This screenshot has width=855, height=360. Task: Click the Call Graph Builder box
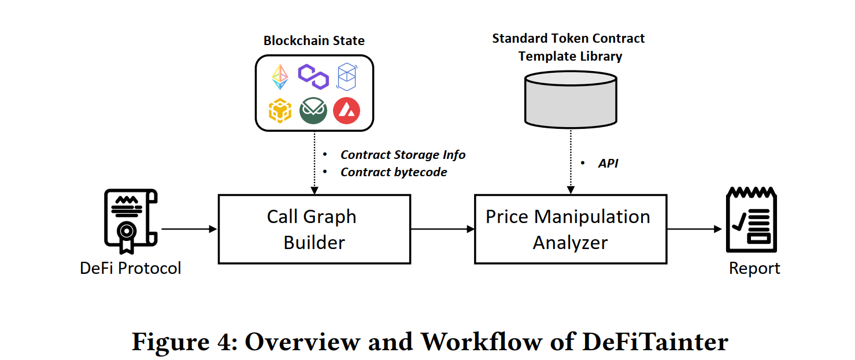click(314, 229)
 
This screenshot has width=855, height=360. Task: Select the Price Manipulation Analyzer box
click(571, 229)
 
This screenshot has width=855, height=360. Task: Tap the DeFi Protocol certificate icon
click(131, 221)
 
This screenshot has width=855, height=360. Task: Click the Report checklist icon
click(751, 219)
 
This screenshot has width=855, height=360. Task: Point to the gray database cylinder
click(571, 99)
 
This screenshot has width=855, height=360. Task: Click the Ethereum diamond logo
click(280, 77)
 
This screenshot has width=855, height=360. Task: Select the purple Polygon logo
click(313, 77)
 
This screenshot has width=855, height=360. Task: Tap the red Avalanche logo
click(347, 110)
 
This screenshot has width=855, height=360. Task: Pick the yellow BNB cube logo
click(280, 110)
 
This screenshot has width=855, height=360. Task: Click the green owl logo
click(313, 110)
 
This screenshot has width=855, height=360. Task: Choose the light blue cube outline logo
click(347, 77)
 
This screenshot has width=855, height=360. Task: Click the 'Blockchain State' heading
click(314, 40)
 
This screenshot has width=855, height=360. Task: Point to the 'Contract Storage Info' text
click(403, 154)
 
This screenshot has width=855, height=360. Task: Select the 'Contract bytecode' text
click(394, 172)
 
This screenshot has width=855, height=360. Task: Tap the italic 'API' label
click(608, 163)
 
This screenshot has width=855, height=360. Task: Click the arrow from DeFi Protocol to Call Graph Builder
click(189, 229)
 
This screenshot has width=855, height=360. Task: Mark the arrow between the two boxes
click(443, 229)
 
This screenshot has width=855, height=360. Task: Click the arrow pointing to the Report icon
click(695, 229)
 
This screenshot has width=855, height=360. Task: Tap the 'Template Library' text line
click(570, 57)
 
